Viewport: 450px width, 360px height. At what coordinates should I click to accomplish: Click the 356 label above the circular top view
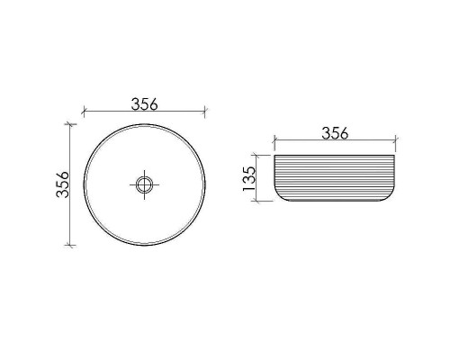click(144, 103)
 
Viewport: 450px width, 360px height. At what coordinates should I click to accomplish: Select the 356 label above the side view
click(334, 134)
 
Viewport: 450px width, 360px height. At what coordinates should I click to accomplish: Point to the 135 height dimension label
click(251, 180)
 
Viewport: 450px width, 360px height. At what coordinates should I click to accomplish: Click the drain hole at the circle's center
click(144, 184)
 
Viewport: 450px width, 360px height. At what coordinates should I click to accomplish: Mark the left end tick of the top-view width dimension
click(83, 113)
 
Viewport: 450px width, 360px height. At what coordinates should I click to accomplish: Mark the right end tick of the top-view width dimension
click(204, 113)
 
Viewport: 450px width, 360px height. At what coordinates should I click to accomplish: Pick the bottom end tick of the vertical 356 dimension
click(70, 245)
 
